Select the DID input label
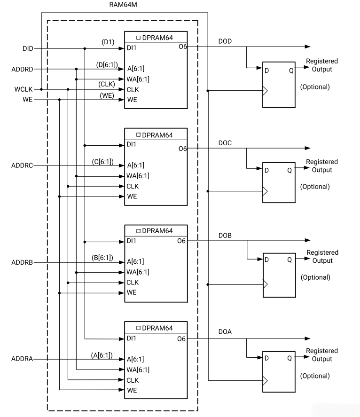pyautogui.click(x=27, y=48)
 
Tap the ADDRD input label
pyautogui.click(x=22, y=69)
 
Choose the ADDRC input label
pyautogui.click(x=22, y=165)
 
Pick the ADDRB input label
pyautogui.click(x=22, y=262)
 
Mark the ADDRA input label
pyautogui.click(x=22, y=359)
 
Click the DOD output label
pyautogui.click(x=225, y=41)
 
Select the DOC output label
pyautogui.click(x=225, y=142)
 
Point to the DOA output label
pyautogui.click(x=225, y=331)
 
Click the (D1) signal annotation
pyautogui.click(x=109, y=42)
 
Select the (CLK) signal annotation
pyautogui.click(x=107, y=84)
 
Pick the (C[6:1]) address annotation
pyautogui.click(x=102, y=160)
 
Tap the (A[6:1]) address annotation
pyautogui.click(x=102, y=354)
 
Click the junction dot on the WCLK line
pyautogui.click(x=41, y=89)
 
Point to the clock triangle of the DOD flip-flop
pyautogui.click(x=266, y=90)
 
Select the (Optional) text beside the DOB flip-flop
pyautogui.click(x=315, y=277)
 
